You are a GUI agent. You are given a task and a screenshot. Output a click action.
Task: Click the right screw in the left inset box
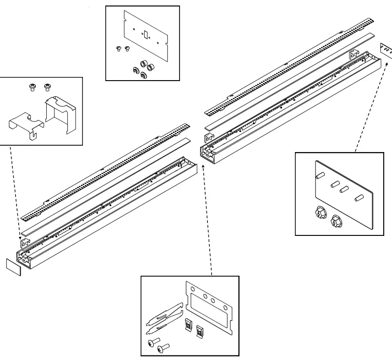point(46,87)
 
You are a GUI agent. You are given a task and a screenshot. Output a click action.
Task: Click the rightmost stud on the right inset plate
point(358,198)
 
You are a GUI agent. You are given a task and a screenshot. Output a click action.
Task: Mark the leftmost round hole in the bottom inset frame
point(193,290)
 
